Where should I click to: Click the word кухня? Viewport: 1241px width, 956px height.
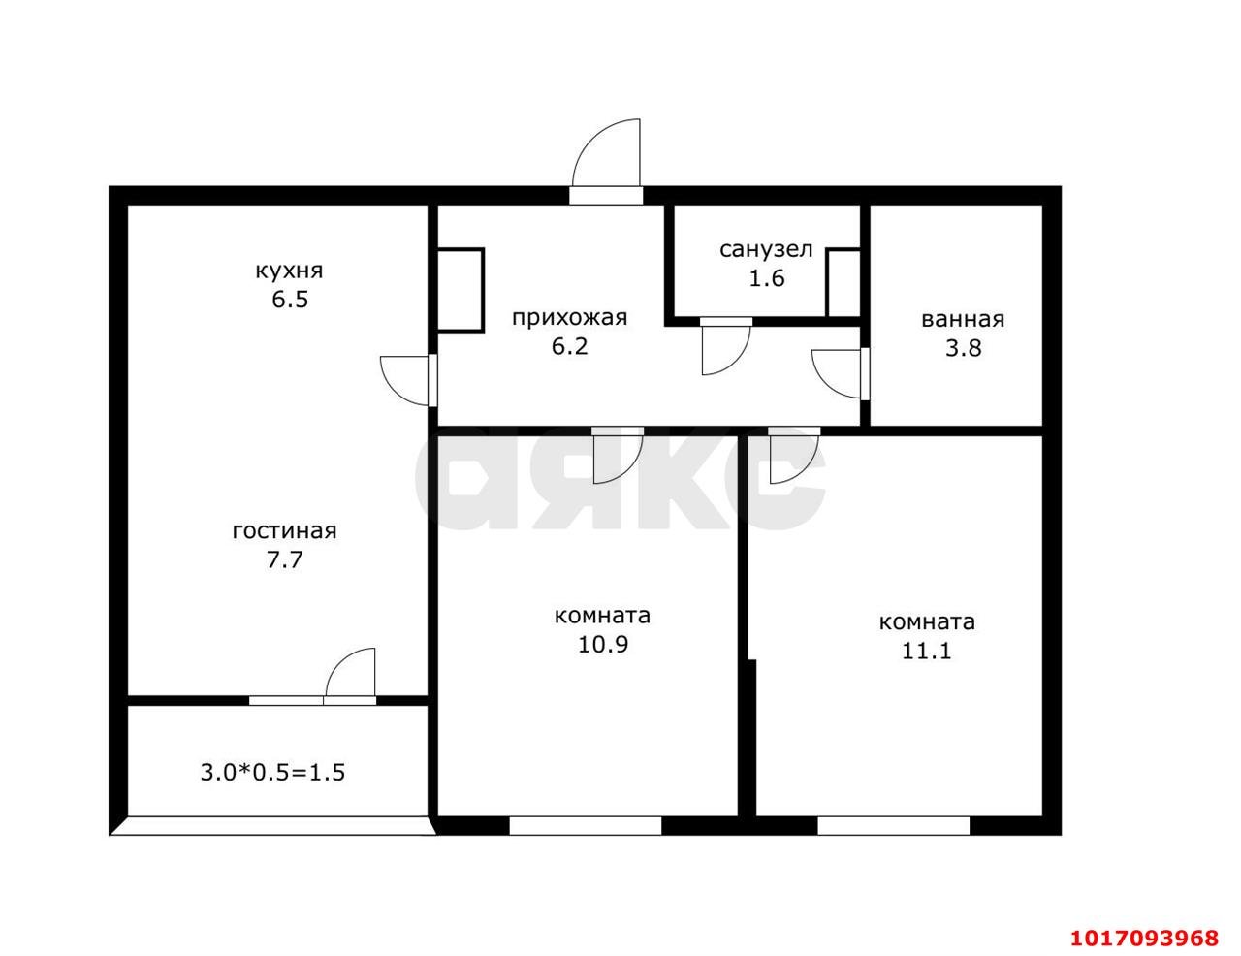[289, 271]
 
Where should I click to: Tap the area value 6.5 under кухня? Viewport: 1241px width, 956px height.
[290, 299]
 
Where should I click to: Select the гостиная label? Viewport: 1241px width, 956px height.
[284, 531]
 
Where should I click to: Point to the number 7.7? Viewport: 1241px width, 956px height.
[284, 559]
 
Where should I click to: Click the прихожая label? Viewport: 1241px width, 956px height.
[569, 318]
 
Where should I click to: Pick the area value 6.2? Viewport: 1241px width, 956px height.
[569, 346]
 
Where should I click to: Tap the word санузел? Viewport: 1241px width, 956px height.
[766, 250]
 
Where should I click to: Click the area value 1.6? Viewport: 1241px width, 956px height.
[767, 278]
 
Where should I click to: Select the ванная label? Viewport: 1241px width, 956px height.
[963, 320]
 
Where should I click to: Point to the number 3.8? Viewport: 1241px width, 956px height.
[963, 348]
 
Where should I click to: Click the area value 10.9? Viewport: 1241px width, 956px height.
[603, 644]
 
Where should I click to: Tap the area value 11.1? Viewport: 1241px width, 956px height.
[927, 651]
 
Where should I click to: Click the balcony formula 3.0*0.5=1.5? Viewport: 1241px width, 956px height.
[272, 773]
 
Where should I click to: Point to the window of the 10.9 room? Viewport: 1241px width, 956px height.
[586, 826]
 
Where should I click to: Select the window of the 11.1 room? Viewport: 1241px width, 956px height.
[893, 826]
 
